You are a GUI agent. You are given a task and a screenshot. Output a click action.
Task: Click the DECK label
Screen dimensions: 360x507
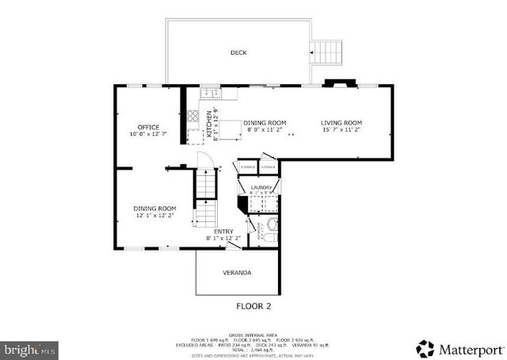coord(238,53)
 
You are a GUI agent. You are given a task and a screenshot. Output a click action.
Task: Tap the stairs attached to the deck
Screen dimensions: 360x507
coord(326,54)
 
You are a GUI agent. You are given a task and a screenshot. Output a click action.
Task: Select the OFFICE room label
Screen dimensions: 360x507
coord(148,128)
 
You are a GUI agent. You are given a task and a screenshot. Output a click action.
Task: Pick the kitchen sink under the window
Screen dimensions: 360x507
coord(210,94)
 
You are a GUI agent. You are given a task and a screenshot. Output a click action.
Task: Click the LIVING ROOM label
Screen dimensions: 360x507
coord(341,123)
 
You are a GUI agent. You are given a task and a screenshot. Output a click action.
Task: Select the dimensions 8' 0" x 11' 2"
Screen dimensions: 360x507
coord(265,130)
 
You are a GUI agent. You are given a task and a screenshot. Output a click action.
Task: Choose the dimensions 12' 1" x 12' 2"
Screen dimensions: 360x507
coord(154,216)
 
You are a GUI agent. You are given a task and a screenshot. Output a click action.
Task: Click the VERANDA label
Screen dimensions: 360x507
coord(237,273)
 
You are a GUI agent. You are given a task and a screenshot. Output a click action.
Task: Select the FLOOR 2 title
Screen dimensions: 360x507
coord(253,305)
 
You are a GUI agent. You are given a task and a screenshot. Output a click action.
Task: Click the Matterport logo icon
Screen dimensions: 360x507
coord(425,348)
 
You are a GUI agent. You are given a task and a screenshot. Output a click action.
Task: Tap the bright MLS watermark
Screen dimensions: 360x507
coord(29,349)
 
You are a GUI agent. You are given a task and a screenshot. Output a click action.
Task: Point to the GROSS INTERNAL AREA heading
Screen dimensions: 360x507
coord(253,335)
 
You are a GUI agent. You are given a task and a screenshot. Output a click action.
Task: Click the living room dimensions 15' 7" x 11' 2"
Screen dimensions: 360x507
coord(341,130)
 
